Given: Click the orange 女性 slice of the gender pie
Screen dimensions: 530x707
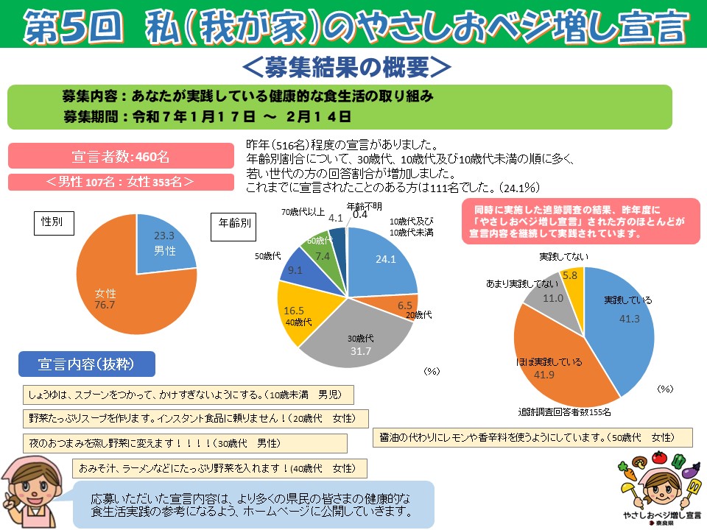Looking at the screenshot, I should [x=110, y=294].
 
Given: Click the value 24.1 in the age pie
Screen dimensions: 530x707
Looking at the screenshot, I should [x=386, y=259].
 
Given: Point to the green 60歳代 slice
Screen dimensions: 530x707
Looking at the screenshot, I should [x=322, y=250].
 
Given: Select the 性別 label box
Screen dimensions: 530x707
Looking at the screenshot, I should [x=54, y=222].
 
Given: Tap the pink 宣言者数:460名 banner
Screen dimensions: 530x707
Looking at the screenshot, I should [x=121, y=157].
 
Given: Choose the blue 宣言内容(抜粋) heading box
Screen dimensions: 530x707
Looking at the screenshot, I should [x=87, y=364].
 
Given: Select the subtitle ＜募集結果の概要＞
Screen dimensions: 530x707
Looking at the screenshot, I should [x=346, y=67].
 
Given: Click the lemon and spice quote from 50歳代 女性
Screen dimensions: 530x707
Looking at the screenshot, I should [x=532, y=437].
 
